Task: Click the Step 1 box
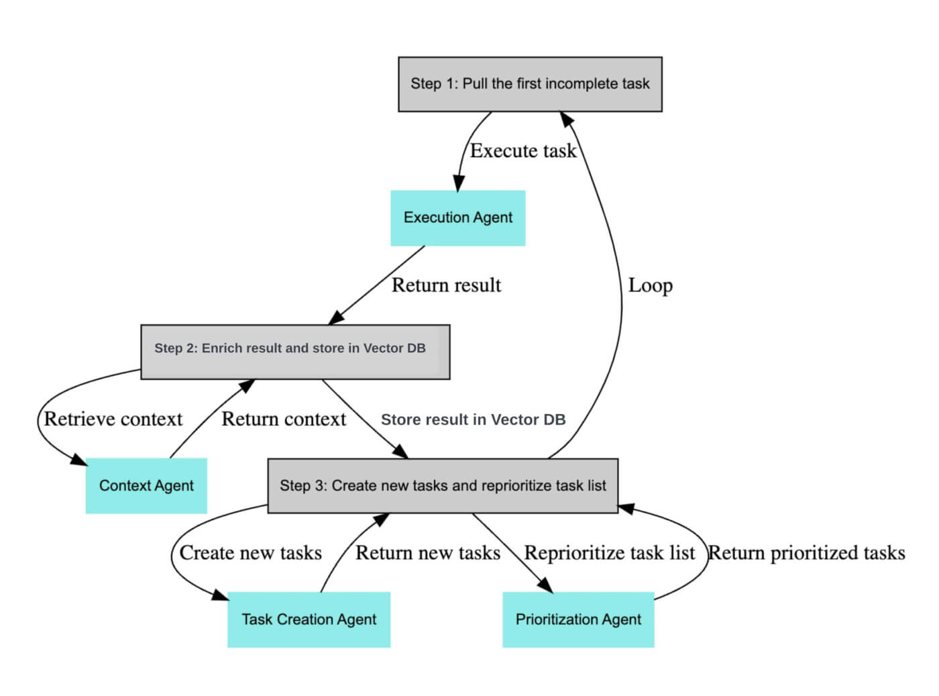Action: (x=530, y=84)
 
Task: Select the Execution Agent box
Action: (x=457, y=217)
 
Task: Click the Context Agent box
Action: (x=146, y=485)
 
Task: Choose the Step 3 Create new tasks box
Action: (x=443, y=485)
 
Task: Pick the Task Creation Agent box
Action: (x=309, y=619)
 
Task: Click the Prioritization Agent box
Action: (x=578, y=619)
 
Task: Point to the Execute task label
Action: (x=522, y=151)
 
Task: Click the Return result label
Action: (x=446, y=285)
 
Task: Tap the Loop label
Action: (x=650, y=285)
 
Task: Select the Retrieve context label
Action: (x=113, y=419)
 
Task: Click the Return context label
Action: (x=284, y=419)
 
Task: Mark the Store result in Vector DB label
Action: (x=473, y=419)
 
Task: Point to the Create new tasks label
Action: (x=250, y=552)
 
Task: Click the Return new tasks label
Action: (x=427, y=552)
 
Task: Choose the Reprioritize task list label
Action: (x=609, y=552)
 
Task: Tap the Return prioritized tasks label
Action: (x=807, y=552)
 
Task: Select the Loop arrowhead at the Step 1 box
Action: (x=567, y=119)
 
